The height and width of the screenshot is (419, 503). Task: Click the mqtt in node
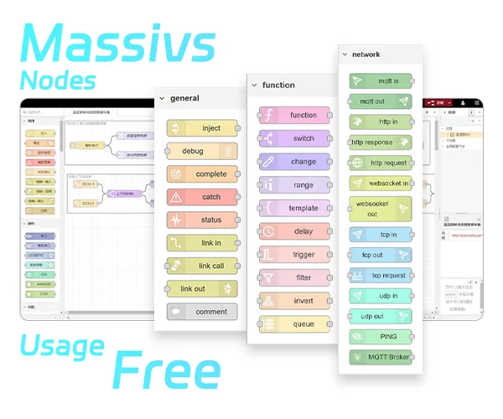coord(381,81)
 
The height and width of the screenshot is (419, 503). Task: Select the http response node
coord(381,142)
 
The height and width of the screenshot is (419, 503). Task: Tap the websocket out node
coord(381,209)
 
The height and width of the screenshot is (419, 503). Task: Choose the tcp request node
coord(381,275)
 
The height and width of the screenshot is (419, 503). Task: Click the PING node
coord(381,336)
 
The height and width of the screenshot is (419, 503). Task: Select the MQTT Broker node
coord(381,357)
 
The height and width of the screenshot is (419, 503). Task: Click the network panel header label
coord(366,54)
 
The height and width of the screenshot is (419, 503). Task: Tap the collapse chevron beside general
coord(162,98)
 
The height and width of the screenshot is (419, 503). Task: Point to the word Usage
coord(63,344)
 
